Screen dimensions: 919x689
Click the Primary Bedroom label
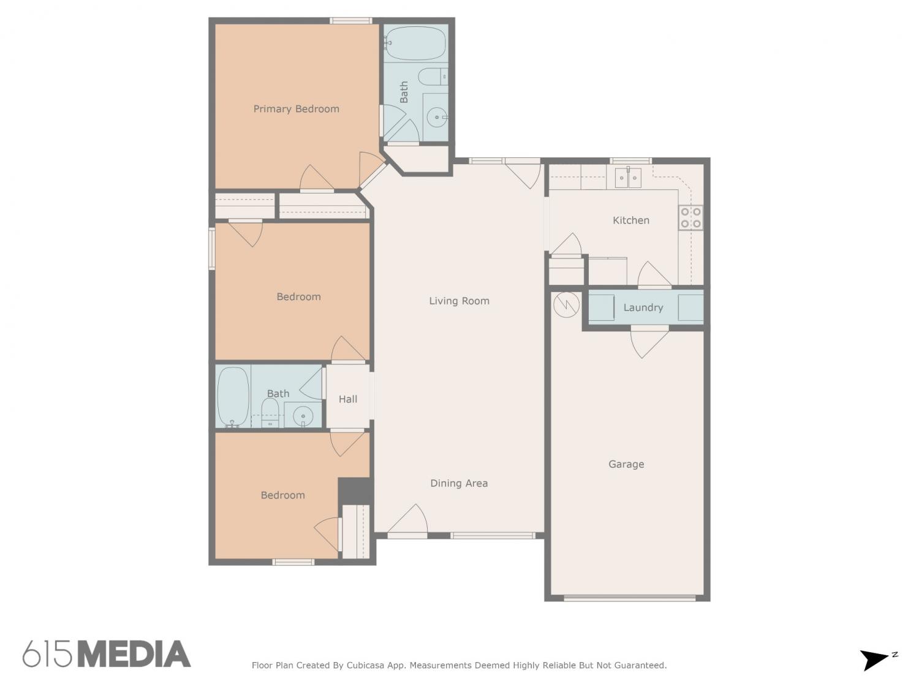coord(296,109)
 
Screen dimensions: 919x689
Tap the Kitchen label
coord(630,220)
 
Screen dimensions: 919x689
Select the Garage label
coord(626,464)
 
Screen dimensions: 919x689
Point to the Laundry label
coord(643,308)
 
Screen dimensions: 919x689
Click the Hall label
coord(347,399)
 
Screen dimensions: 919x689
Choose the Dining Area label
coord(459,483)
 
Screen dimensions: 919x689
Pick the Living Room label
coord(459,301)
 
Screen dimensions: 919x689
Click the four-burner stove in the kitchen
coord(690,217)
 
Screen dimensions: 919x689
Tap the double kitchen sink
coord(627,178)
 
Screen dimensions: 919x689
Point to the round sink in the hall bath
coord(303,416)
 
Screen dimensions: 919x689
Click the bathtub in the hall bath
coord(233,397)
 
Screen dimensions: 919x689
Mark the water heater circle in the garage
coord(566,304)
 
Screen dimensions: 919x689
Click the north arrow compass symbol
coord(877,660)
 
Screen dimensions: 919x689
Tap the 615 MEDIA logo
coord(107,653)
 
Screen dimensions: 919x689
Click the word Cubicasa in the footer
coord(365,665)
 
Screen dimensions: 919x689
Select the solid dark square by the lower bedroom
coord(354,491)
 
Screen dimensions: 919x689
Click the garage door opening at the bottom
coord(629,598)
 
